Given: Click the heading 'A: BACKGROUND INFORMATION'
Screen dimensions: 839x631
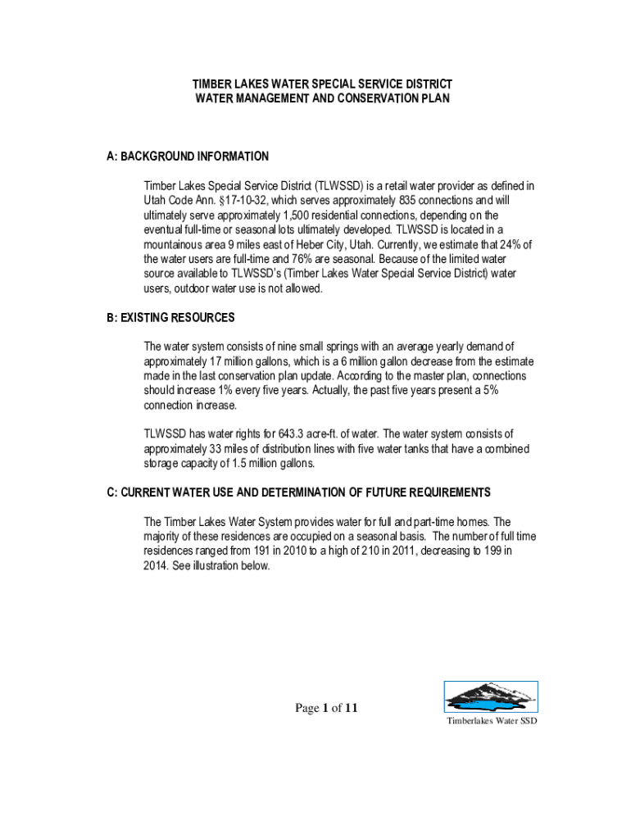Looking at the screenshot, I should [188, 156].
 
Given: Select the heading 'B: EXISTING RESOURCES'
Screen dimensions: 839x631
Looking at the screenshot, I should [170, 318].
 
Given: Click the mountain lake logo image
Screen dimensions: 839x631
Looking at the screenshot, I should [491, 697].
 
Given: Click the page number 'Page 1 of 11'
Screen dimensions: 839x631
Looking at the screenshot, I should [327, 709].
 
